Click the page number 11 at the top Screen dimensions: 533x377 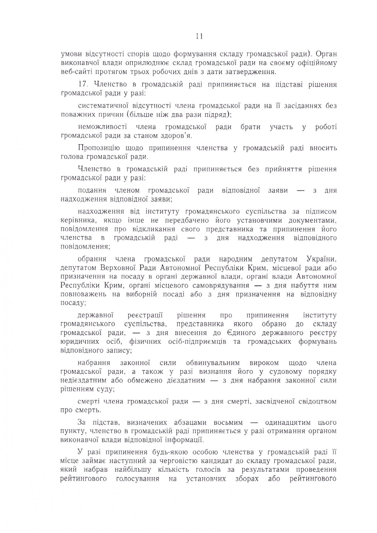(x=199, y=36)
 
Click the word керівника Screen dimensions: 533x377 (x=74, y=220)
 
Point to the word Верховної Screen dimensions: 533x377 (x=118, y=268)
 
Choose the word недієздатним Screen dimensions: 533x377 (x=80, y=380)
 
